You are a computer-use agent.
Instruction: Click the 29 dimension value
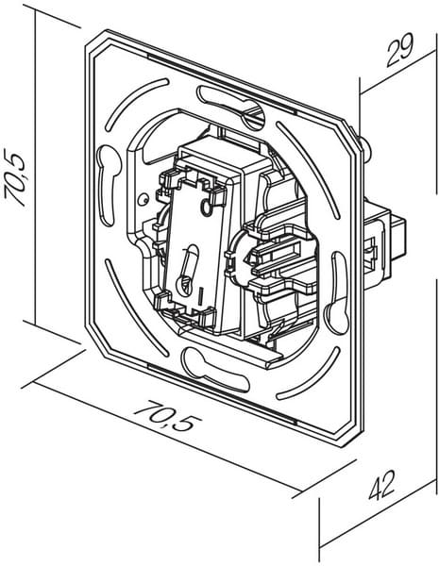[x=399, y=51]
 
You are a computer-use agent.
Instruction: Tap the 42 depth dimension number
[x=382, y=485]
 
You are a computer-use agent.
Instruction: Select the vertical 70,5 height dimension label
[x=15, y=177]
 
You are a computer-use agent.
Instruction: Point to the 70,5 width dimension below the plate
[x=167, y=415]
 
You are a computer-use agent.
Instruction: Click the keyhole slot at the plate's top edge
[x=231, y=106]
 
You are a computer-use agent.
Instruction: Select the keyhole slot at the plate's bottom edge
[x=216, y=370]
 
